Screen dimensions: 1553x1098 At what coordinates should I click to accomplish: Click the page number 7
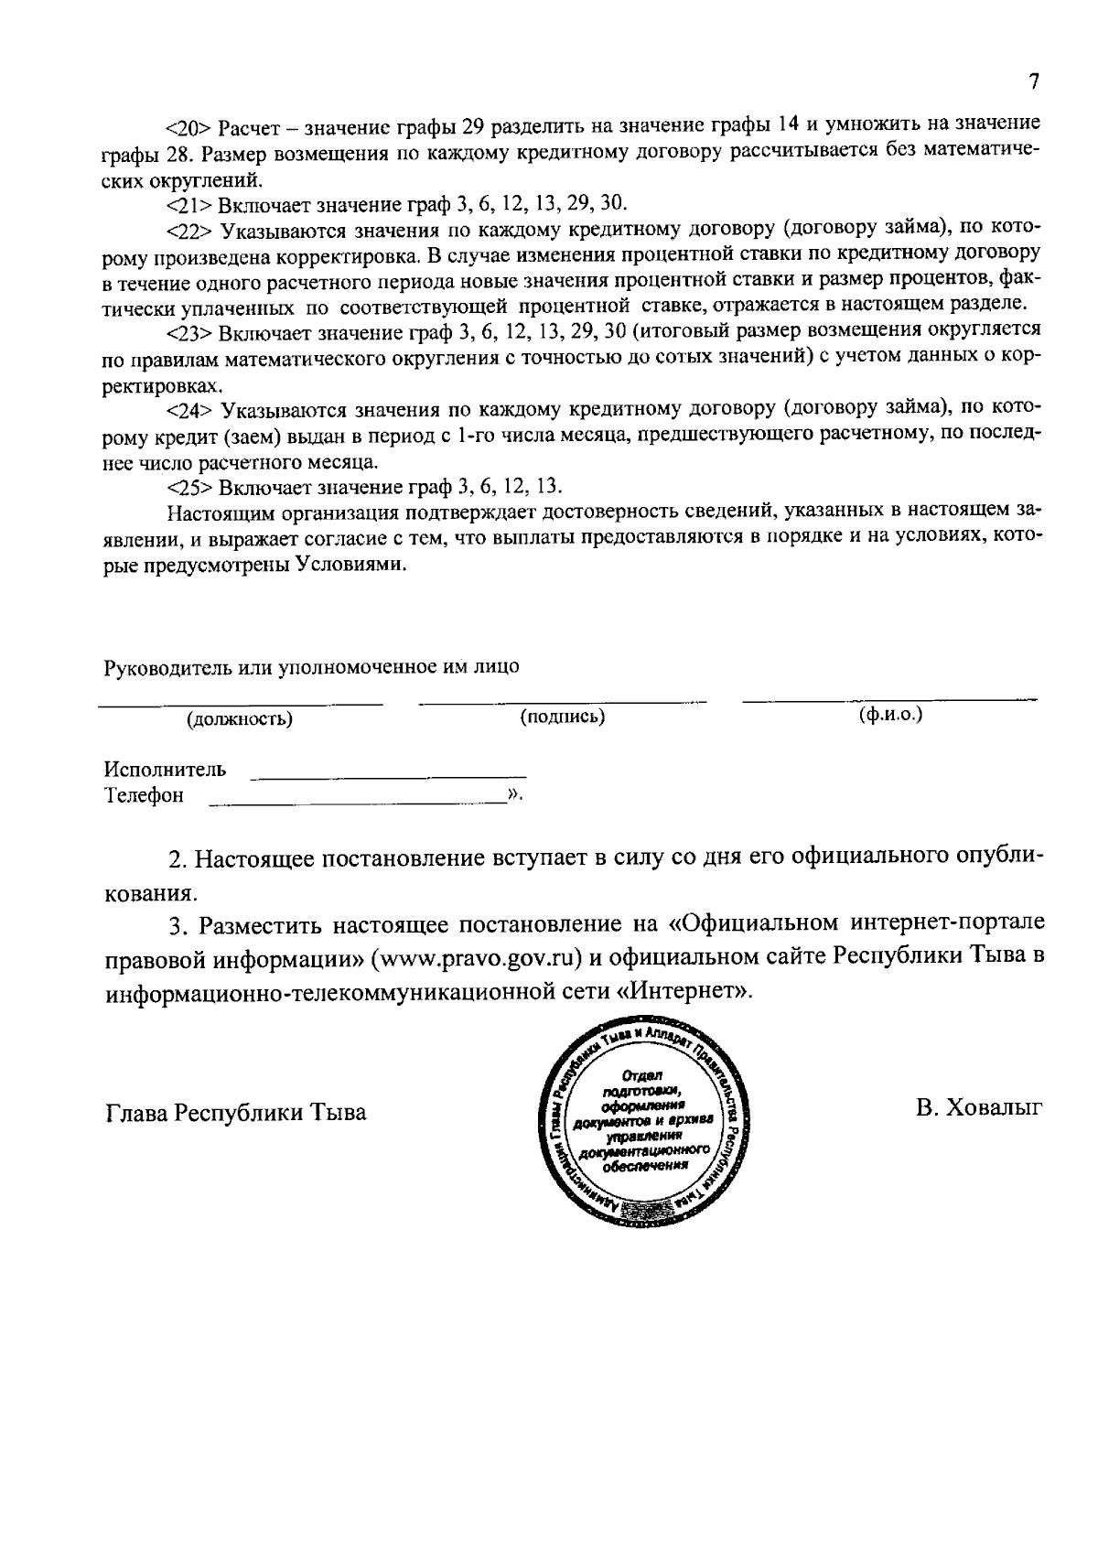1033,82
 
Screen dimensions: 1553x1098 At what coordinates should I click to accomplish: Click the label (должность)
240,719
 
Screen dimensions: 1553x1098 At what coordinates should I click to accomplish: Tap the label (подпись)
563,717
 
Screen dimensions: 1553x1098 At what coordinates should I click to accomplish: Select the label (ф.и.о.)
890,715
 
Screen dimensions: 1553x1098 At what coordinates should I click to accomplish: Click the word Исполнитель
165,769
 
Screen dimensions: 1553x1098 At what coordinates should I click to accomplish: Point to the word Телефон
143,795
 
